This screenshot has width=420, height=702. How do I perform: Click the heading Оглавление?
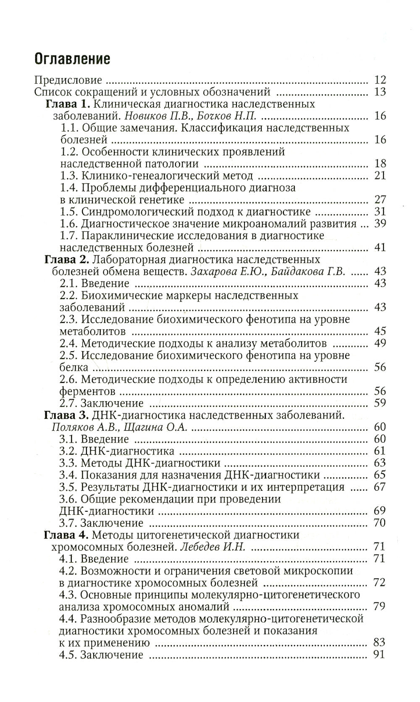click(72, 59)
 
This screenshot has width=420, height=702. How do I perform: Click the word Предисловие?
click(68, 80)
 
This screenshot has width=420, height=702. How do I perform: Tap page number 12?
click(380, 80)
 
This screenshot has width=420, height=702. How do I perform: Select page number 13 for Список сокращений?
click(380, 92)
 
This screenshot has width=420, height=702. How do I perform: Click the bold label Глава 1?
click(68, 104)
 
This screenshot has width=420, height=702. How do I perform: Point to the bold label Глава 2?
click(66, 259)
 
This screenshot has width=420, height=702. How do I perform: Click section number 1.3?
click(69, 176)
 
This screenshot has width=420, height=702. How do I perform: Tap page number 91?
click(379, 655)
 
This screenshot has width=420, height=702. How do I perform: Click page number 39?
click(380, 223)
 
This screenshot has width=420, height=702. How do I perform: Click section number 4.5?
click(68, 655)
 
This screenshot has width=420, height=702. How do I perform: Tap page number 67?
click(379, 487)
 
